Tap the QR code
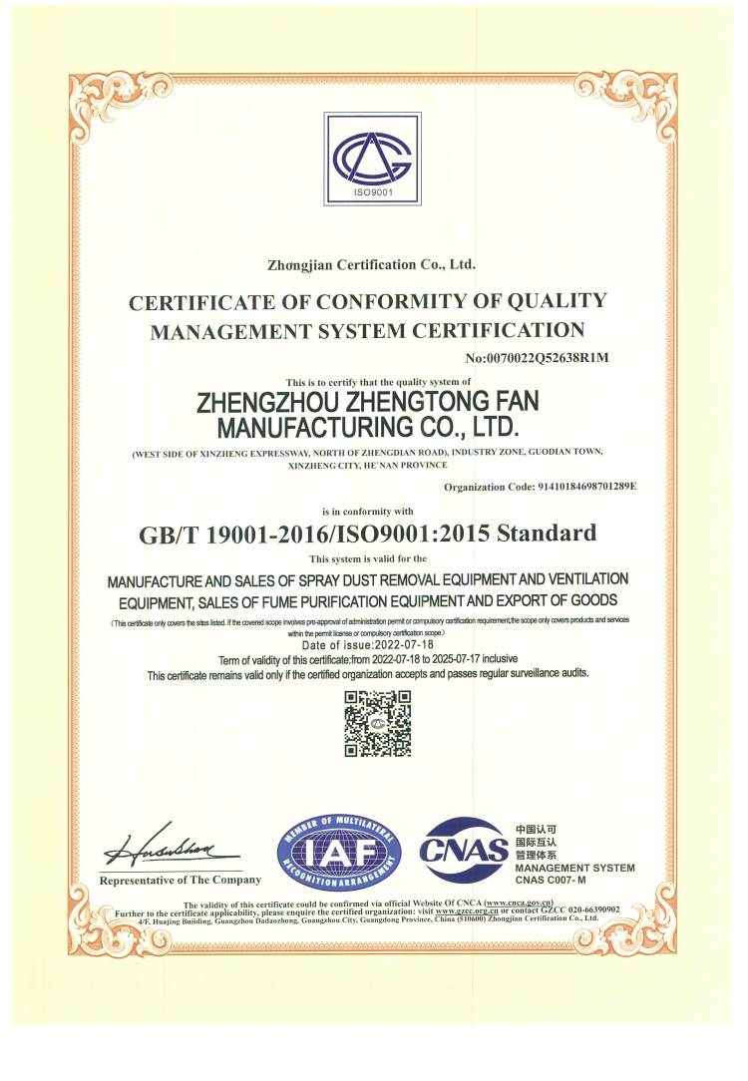click(x=377, y=723)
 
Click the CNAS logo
click(x=463, y=850)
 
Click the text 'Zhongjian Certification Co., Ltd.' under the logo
click(x=372, y=265)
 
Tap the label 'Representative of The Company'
click(x=181, y=880)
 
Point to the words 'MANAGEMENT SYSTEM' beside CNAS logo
click(x=574, y=868)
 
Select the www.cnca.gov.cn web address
click(x=519, y=901)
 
